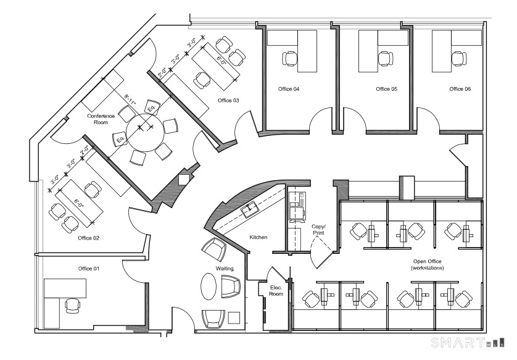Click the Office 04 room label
(x=289, y=90)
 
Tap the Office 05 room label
(x=386, y=90)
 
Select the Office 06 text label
(x=460, y=90)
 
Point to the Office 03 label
(x=228, y=100)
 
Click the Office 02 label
(x=89, y=238)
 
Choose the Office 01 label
(x=89, y=269)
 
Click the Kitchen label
(x=258, y=237)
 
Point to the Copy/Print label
(x=318, y=230)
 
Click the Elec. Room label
(x=276, y=290)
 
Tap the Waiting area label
(x=224, y=269)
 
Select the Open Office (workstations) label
(x=428, y=264)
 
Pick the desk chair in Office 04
(x=290, y=59)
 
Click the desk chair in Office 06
(x=458, y=59)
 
